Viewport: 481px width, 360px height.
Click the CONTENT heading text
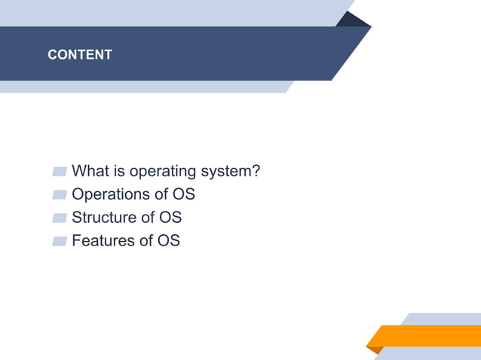click(x=80, y=55)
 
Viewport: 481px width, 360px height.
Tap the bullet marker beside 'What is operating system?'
click(x=60, y=172)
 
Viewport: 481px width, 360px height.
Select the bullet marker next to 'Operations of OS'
click(x=60, y=195)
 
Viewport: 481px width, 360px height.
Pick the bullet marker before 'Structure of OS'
click(x=60, y=218)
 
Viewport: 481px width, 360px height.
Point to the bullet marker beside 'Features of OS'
click(x=60, y=242)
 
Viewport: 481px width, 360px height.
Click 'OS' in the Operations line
click(x=183, y=194)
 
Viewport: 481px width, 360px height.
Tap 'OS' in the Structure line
click(x=170, y=218)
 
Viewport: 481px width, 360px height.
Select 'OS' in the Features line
click(x=168, y=241)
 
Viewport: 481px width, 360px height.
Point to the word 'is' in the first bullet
click(x=120, y=172)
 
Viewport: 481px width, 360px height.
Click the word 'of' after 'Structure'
click(x=147, y=218)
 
